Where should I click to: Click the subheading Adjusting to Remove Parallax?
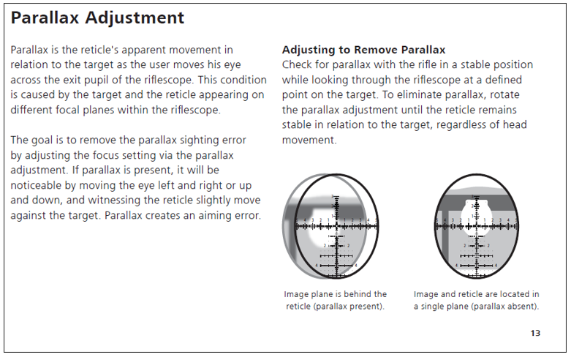click(x=363, y=50)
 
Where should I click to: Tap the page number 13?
click(x=535, y=334)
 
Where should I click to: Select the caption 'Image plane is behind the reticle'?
click(x=335, y=294)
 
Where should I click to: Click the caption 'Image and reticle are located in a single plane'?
click(x=476, y=294)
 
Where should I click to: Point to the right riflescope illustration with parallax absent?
click(x=476, y=226)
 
